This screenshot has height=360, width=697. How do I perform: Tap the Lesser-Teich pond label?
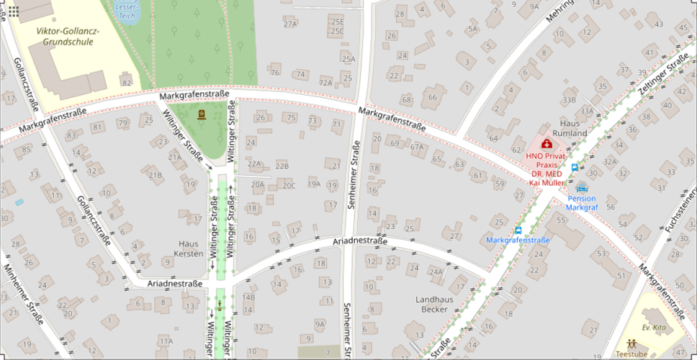click(x=129, y=9)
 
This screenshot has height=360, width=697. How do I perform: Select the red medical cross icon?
click(x=546, y=144)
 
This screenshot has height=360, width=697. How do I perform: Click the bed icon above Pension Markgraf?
click(x=582, y=186)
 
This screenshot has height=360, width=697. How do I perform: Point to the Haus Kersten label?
click(x=188, y=248)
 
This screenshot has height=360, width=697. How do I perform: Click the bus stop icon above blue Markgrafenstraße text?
click(x=518, y=230)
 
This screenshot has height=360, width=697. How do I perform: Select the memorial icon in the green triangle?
click(x=199, y=114)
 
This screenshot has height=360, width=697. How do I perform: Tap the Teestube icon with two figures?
click(x=631, y=343)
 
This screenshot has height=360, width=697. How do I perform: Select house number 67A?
click(x=417, y=147)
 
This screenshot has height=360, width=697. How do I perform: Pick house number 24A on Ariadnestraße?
click(x=436, y=271)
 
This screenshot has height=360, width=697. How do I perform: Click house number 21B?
click(x=155, y=174)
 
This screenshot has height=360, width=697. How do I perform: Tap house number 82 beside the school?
click(x=127, y=84)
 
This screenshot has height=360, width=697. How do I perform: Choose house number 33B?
click(x=570, y=99)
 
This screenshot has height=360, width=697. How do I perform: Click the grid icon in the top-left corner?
click(x=13, y=12)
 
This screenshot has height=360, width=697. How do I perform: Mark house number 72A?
click(x=326, y=83)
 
